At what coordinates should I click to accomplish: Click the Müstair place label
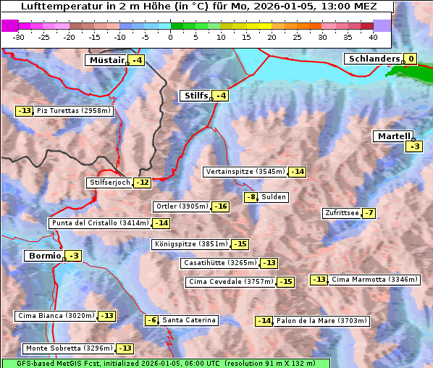click(106, 60)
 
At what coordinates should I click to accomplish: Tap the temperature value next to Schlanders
click(411, 59)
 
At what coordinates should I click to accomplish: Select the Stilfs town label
click(195, 96)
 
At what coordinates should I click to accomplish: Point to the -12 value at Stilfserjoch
click(143, 183)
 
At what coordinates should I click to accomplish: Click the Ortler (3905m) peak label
click(182, 206)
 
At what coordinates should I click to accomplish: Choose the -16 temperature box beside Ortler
click(221, 206)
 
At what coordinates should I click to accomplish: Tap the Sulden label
click(274, 197)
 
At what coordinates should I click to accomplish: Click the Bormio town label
click(43, 256)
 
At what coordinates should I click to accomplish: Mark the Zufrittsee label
click(341, 213)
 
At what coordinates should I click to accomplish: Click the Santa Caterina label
click(188, 320)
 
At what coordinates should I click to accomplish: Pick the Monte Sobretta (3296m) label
click(68, 348)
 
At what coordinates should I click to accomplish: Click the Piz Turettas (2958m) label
click(74, 111)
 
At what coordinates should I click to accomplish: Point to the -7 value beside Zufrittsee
click(369, 213)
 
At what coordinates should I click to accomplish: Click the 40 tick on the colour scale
click(373, 37)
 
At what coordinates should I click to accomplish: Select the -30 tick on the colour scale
click(19, 37)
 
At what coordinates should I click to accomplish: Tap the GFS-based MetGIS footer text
click(58, 363)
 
